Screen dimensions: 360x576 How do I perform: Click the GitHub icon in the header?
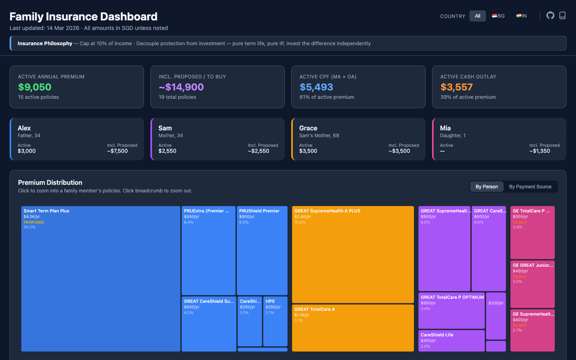[x=550, y=16]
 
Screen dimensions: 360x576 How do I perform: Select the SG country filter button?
[x=498, y=16]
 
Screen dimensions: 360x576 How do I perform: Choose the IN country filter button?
[x=522, y=16]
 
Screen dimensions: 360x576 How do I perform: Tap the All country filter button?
[x=478, y=16]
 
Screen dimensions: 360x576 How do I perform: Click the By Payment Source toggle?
[x=530, y=187]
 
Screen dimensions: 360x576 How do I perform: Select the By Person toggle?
[x=487, y=187]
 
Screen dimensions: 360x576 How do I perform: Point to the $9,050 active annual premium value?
[x=35, y=87]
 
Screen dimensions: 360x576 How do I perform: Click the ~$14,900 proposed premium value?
[x=181, y=87]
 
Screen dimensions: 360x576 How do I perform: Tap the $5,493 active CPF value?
[x=316, y=87]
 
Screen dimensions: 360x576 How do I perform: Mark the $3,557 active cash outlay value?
[x=456, y=87]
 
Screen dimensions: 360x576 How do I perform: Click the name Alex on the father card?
[x=24, y=128]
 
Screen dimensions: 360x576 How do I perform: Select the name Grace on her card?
[x=308, y=128]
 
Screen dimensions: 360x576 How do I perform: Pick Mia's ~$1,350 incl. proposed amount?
[x=540, y=151]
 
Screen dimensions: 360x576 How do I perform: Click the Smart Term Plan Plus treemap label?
[x=46, y=211]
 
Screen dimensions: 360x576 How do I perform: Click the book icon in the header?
[x=562, y=16]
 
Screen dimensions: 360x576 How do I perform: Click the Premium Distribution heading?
[x=50, y=182]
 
